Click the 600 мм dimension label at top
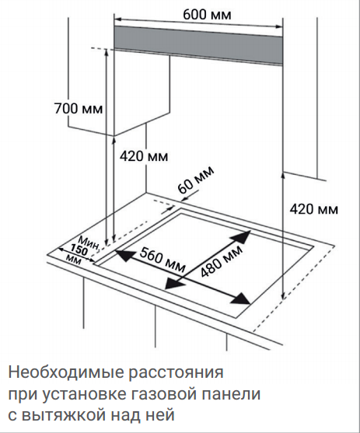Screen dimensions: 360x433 click(207, 14)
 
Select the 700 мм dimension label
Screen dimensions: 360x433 click(79, 108)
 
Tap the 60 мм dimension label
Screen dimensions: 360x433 click(195, 180)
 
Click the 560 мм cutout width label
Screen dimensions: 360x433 click(163, 260)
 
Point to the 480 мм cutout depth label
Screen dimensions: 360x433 click(222, 260)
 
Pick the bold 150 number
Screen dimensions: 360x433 click(79, 250)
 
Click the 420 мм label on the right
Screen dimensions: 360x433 click(313, 209)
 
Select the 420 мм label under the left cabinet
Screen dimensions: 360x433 click(144, 156)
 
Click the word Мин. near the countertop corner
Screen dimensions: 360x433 click(89, 243)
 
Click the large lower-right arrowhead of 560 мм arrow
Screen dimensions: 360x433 click(241, 298)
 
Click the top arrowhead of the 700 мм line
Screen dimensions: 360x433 click(106, 52)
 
